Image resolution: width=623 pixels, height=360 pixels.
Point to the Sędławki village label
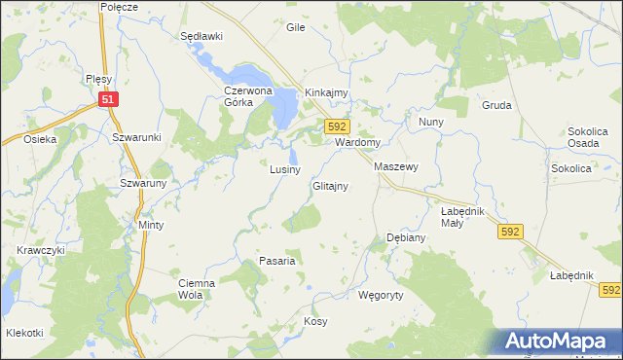click(x=202, y=36)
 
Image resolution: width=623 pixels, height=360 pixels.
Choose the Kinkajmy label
click(x=326, y=93)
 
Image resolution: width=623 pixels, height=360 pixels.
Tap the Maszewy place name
click(x=396, y=167)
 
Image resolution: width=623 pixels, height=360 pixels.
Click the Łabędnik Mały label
click(x=461, y=216)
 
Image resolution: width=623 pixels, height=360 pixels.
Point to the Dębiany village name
click(x=406, y=237)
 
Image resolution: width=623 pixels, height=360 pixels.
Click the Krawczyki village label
click(x=40, y=250)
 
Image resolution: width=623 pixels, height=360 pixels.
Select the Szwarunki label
click(x=135, y=137)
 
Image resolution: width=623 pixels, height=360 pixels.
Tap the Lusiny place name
click(x=285, y=169)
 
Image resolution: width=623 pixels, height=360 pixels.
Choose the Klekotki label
click(x=25, y=333)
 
